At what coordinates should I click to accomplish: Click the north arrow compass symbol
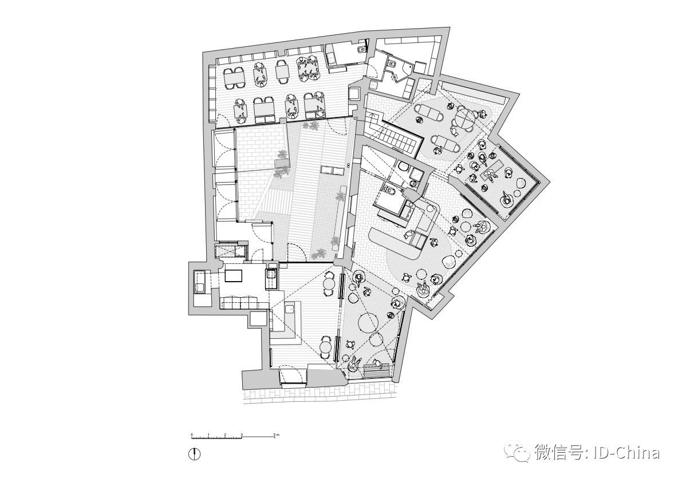(x=196, y=453)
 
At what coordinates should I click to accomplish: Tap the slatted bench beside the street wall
(x=378, y=370)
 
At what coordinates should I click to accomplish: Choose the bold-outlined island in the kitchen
(x=234, y=276)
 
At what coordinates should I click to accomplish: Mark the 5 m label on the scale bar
(x=277, y=435)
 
